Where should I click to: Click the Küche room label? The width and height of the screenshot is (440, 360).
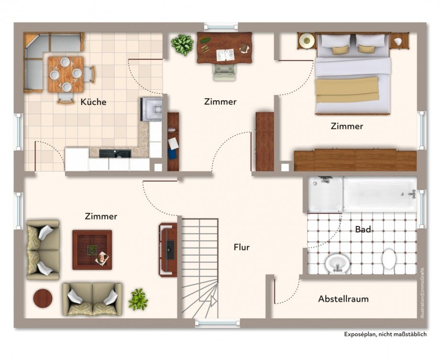pos(93,101)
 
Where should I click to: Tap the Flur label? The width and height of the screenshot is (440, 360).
pos(242,247)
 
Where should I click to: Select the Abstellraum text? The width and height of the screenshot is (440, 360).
pos(343,299)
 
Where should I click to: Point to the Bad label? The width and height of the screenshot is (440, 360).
pos(363,229)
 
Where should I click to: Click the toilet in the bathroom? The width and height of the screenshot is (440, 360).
pos(389,259)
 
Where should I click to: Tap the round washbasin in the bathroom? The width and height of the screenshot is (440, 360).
pos(338,263)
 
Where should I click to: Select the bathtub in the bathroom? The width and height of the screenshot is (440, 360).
pos(380,194)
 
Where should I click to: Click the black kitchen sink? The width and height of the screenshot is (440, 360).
pos(115,154)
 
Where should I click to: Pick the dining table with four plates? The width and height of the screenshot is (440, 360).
pos(66,74)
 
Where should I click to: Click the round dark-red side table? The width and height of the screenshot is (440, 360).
pos(43,299)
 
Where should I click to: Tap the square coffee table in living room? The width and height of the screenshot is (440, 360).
pos(92,250)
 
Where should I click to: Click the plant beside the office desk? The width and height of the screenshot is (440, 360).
pos(182,45)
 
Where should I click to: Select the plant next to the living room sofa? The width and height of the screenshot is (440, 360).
pos(138,299)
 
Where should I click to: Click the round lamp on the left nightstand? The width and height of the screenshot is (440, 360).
pos(306,41)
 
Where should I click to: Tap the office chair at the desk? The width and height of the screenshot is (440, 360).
pos(224,72)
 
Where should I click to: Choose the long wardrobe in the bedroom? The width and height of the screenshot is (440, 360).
pos(355,160)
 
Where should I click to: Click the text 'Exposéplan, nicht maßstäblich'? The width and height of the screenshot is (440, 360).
pos(385,334)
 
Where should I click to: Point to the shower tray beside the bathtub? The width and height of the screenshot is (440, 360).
pos(325,194)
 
